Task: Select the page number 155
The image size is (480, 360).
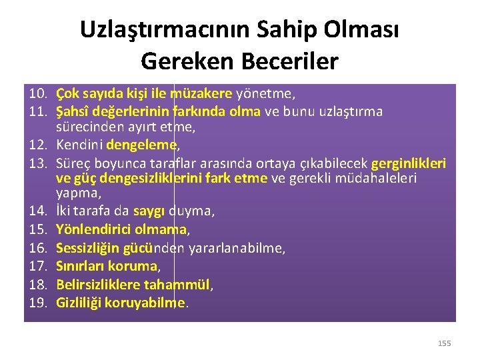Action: [444, 343]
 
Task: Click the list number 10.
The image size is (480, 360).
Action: [38, 93]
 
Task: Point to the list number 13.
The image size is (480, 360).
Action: [38, 163]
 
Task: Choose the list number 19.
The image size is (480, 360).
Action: [38, 302]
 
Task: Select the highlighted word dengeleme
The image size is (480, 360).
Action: [143, 144]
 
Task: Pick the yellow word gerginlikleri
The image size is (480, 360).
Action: [408, 163]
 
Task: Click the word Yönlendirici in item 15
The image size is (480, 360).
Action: [89, 230]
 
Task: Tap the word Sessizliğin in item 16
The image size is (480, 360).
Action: [87, 248]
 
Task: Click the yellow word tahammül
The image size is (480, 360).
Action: [180, 284]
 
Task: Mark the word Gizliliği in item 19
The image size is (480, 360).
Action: [81, 302]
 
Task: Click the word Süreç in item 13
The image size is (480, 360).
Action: [73, 163]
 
